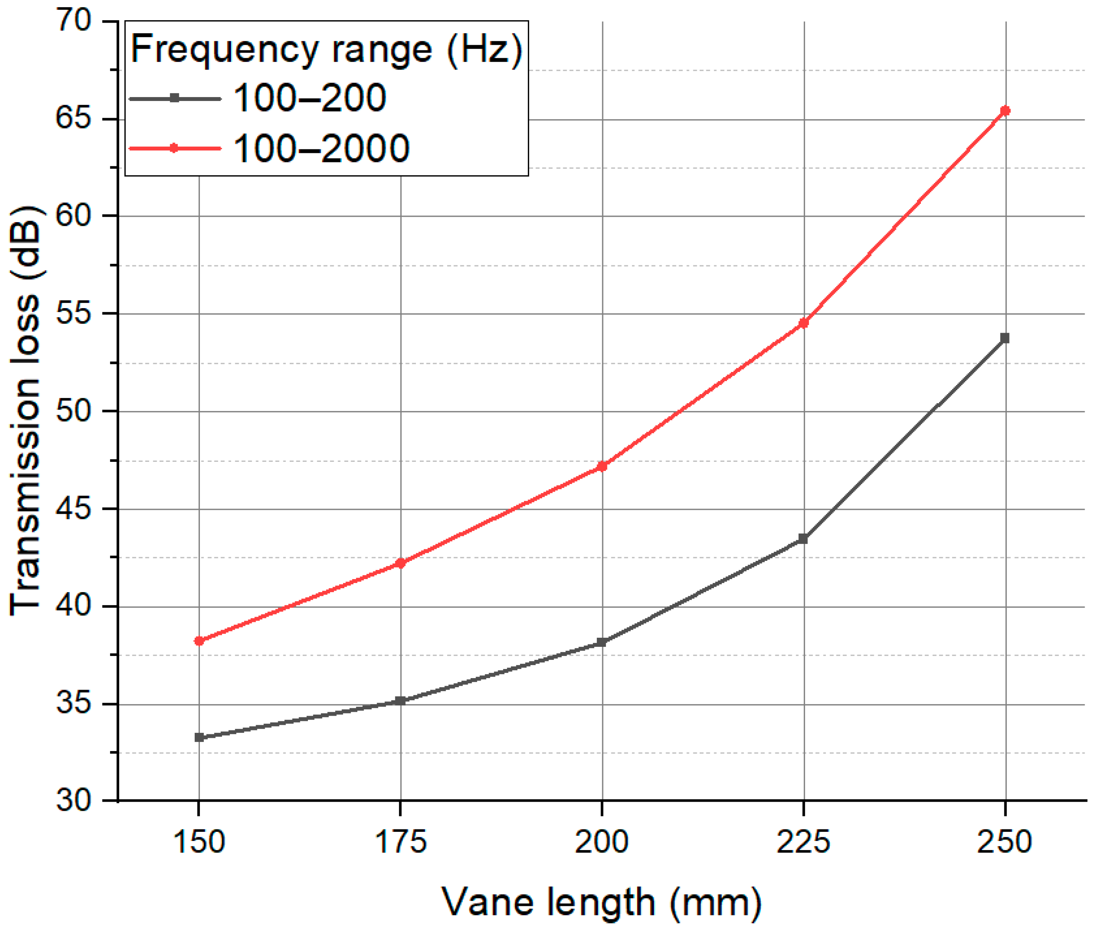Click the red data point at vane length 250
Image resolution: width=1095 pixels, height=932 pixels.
1005,111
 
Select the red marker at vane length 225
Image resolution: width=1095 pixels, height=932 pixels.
803,323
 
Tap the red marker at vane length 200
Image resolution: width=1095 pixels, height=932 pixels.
602,466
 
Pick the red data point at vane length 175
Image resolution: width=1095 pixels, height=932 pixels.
400,563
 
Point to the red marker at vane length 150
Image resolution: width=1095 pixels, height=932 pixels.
199,641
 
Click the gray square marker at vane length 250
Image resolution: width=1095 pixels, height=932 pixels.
1005,338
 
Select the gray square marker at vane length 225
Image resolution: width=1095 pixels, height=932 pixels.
803,539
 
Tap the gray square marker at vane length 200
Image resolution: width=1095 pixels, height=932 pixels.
602,642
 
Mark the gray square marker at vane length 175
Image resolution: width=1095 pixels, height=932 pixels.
400,701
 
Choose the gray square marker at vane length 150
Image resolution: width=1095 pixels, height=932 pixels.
199,737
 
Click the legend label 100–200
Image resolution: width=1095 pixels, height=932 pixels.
309,98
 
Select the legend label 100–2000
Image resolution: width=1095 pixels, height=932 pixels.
321,149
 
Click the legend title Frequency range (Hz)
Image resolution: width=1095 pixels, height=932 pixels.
326,49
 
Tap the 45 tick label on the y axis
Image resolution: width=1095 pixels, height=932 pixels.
74,509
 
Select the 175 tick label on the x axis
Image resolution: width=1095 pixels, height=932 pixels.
400,841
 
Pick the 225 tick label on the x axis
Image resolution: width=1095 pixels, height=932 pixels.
803,841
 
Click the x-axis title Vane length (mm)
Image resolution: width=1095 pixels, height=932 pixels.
602,902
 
